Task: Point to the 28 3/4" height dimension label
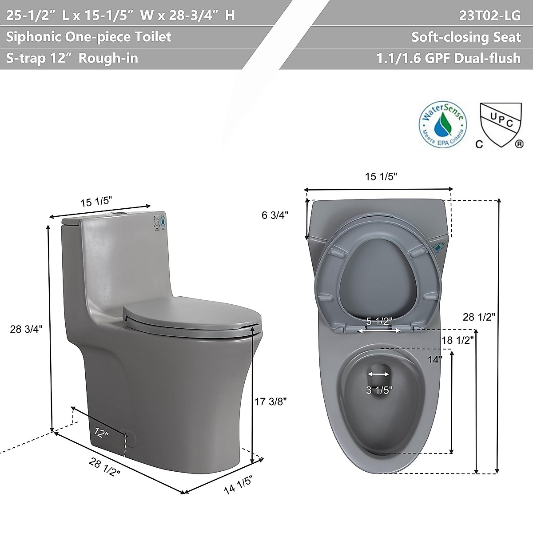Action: click(x=26, y=329)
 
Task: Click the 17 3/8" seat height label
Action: click(x=271, y=401)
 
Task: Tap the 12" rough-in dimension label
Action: click(x=102, y=433)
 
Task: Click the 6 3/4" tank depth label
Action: click(x=275, y=215)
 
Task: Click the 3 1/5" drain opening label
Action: click(x=379, y=390)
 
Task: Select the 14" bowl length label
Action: click(x=435, y=359)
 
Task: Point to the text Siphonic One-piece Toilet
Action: click(x=89, y=36)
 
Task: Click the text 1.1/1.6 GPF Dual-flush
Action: click(x=449, y=58)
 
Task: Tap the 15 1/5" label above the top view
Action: click(x=381, y=176)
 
